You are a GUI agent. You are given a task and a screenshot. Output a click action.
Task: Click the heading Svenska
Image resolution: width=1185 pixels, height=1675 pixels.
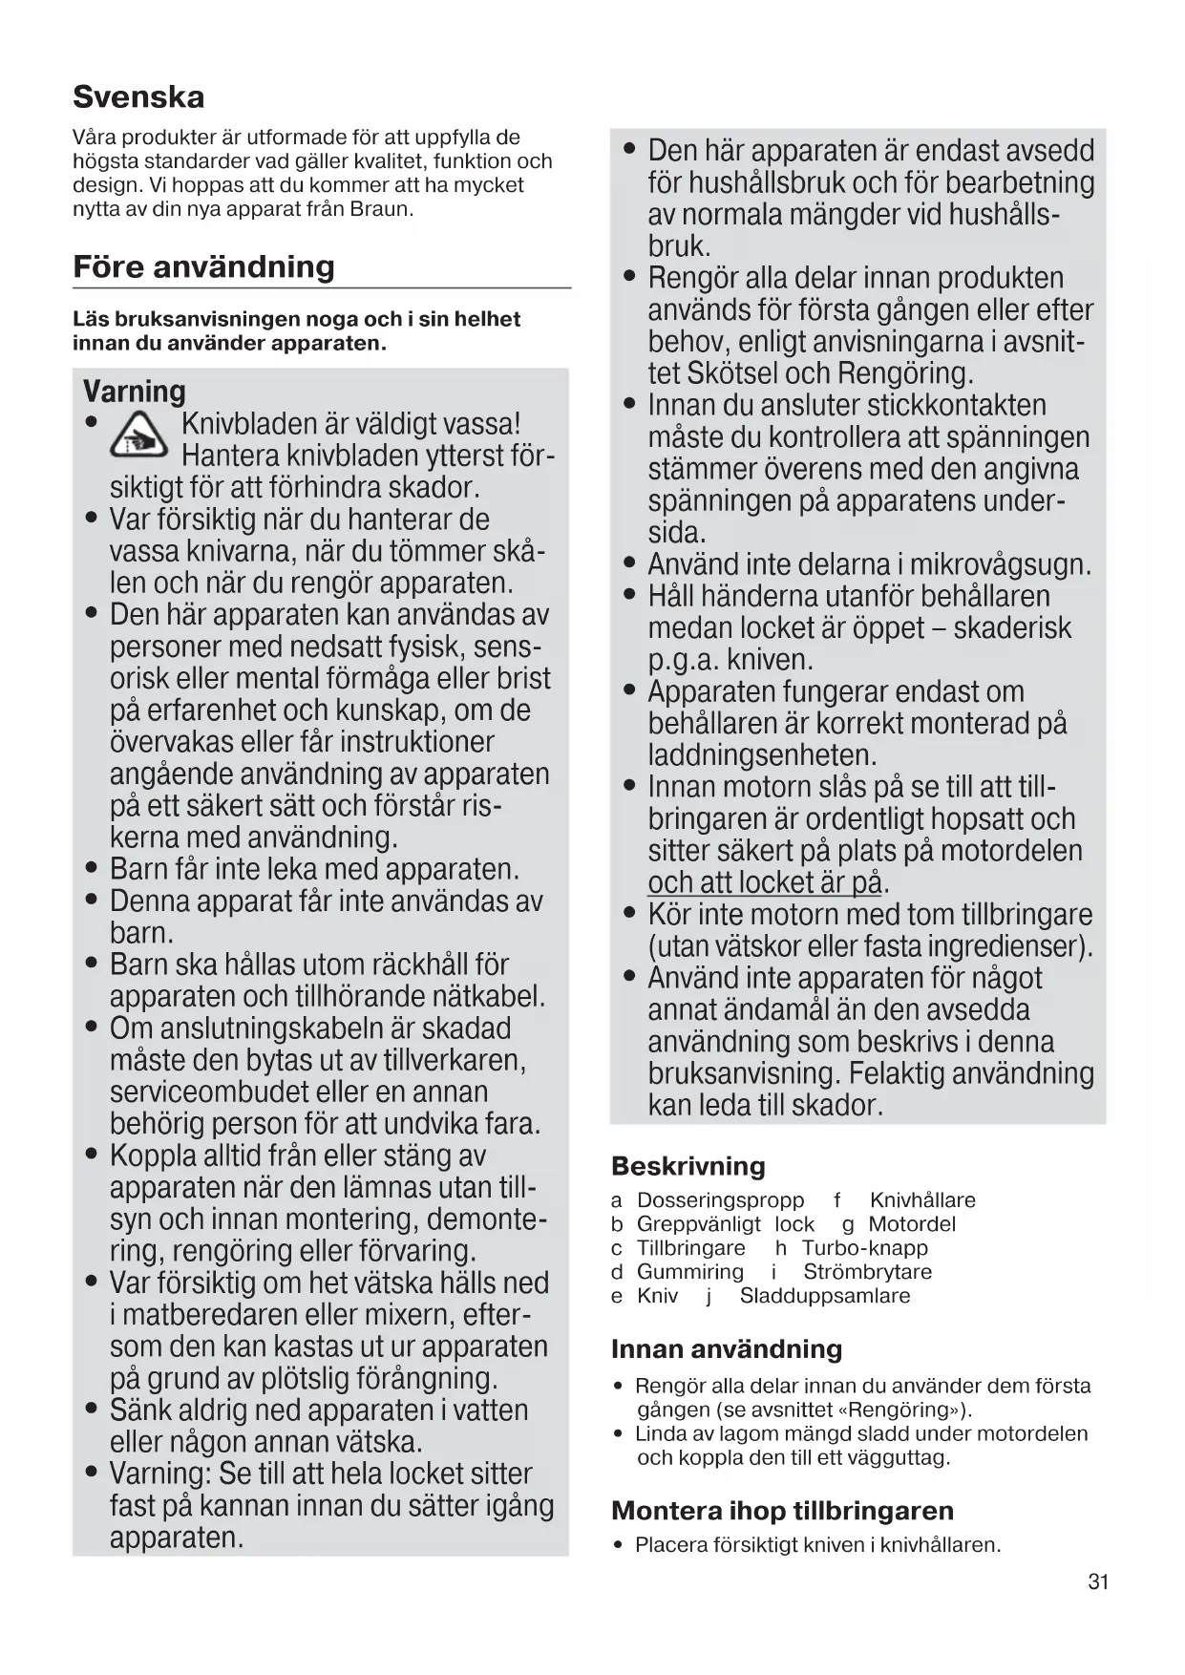(138, 97)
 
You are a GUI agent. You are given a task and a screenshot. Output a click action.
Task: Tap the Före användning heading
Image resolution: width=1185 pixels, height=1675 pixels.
(203, 266)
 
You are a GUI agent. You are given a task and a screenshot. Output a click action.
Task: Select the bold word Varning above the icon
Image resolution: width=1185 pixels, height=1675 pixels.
(134, 392)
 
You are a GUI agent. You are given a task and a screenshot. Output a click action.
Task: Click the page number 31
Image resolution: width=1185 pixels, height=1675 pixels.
(1098, 1582)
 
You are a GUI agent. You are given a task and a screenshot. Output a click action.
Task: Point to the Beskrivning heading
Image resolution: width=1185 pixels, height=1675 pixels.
(688, 1166)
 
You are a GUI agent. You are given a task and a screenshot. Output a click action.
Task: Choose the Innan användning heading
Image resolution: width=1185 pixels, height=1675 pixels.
(726, 1349)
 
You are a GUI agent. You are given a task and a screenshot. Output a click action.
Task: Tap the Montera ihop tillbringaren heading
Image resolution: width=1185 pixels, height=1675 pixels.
(782, 1511)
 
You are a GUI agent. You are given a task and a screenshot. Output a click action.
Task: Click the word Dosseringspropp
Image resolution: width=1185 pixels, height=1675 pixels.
(720, 1200)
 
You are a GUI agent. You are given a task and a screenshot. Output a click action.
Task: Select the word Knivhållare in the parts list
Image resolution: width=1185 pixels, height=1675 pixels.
(922, 1200)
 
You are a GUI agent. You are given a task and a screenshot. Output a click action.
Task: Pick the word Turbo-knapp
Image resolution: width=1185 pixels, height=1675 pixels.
(864, 1248)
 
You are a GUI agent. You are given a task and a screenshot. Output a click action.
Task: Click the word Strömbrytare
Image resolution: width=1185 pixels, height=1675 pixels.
(867, 1272)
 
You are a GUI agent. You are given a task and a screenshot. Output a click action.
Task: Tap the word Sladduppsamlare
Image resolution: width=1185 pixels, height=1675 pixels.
(825, 1296)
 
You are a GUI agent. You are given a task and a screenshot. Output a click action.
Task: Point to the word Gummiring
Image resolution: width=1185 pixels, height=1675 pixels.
(689, 1272)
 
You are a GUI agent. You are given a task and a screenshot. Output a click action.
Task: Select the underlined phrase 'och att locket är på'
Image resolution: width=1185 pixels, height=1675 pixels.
(764, 882)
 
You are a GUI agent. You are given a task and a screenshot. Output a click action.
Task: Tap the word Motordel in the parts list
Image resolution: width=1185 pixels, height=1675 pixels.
(911, 1224)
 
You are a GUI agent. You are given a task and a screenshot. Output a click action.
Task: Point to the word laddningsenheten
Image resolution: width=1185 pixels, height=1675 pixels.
(762, 755)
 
